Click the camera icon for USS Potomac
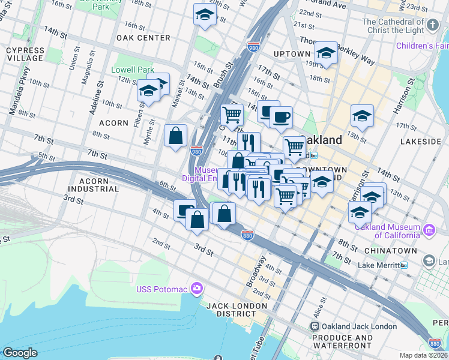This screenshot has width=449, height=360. pyautogui.click(x=196, y=289)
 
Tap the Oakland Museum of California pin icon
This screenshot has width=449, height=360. pyautogui.click(x=429, y=230)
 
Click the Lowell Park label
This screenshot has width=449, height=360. pyautogui.click(x=133, y=70)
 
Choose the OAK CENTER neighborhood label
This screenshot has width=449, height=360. pyautogui.click(x=143, y=38)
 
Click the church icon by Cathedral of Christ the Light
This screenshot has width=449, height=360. pyautogui.click(x=433, y=26)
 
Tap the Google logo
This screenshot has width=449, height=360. pyautogui.click(x=20, y=353)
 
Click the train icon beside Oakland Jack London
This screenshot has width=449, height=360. pyautogui.click(x=314, y=326)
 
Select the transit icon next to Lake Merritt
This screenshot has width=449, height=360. pyautogui.click(x=404, y=265)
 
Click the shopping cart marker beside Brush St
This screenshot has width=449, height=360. pyautogui.click(x=231, y=114)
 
